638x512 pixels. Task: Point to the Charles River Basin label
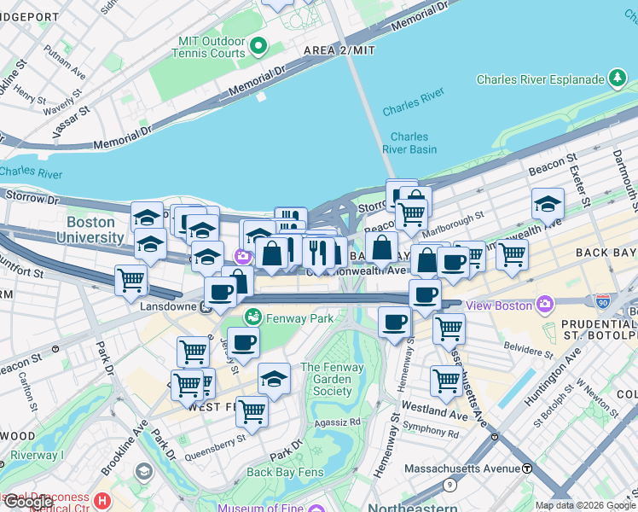pyautogui.click(x=414, y=143)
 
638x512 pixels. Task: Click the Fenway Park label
pyautogui.click(x=298, y=318)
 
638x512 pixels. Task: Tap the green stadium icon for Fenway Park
pyautogui.click(x=252, y=317)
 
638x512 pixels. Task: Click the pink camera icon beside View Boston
pyautogui.click(x=543, y=305)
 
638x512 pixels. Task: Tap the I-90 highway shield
pyautogui.click(x=602, y=301)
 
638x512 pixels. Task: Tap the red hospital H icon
pyautogui.click(x=102, y=500)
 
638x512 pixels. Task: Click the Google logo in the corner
pyautogui.click(x=27, y=502)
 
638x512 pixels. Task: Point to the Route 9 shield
pyautogui.click(x=449, y=486)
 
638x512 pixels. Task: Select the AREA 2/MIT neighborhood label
pyautogui.click(x=339, y=51)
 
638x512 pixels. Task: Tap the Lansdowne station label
pyautogui.click(x=162, y=306)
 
